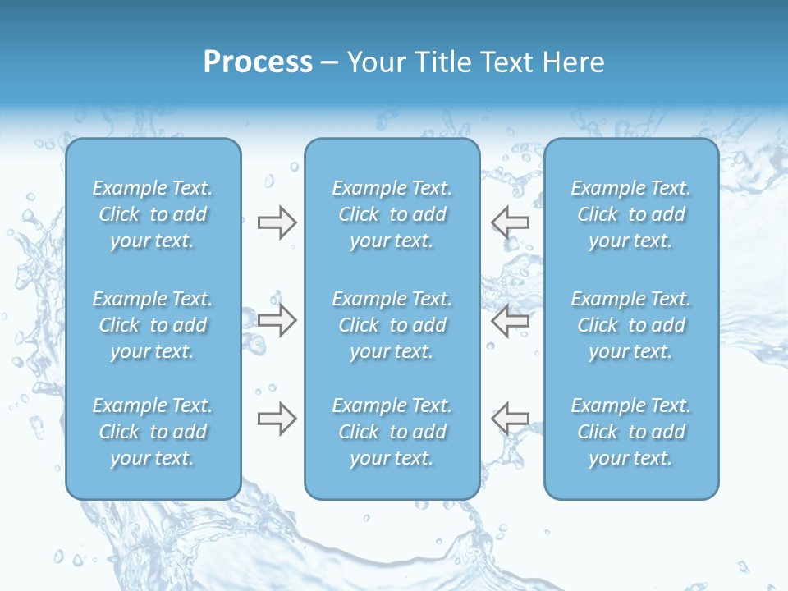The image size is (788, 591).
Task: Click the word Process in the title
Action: click(258, 62)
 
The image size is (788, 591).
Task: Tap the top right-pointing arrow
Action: click(277, 222)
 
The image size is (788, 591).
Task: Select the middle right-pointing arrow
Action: click(277, 320)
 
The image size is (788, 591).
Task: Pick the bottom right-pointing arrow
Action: click(277, 419)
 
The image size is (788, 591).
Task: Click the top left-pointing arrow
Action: click(511, 222)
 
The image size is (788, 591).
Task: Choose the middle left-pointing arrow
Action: click(511, 320)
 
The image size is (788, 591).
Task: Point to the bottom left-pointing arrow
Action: click(511, 419)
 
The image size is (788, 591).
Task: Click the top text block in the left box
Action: click(153, 214)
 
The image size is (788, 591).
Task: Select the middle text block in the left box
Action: click(153, 325)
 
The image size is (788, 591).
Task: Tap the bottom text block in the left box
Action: click(153, 432)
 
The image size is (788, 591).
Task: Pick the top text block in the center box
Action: click(392, 214)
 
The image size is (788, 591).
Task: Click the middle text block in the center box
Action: click(392, 325)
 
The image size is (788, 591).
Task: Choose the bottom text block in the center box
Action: click(392, 432)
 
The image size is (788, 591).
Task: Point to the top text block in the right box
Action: click(631, 214)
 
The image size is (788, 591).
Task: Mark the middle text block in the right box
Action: click(631, 325)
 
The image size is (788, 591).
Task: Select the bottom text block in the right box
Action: click(631, 432)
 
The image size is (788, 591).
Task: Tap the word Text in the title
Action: click(503, 62)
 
